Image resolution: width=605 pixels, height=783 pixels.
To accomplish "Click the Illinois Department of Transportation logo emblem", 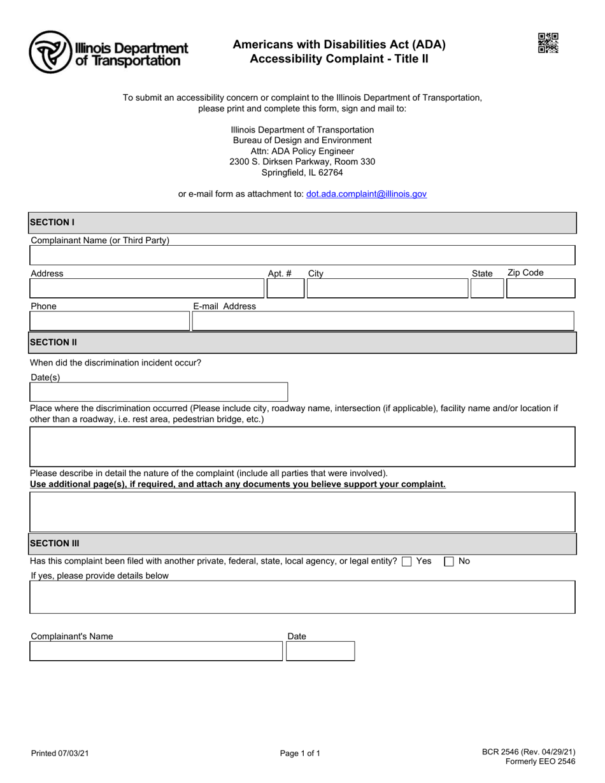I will pos(50,52).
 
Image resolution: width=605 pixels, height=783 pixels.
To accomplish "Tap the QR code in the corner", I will pos(548,43).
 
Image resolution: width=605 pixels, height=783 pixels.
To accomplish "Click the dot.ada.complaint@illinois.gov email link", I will pos(366,194).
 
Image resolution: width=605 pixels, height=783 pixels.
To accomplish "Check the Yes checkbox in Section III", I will pos(407,561).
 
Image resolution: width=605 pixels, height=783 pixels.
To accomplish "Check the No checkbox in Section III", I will pos(449,561).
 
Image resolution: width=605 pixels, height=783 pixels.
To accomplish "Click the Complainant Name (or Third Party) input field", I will pos(302,255).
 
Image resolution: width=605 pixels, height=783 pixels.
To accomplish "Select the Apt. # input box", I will pos(285,288).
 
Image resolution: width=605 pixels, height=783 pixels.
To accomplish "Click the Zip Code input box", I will pos(541,288).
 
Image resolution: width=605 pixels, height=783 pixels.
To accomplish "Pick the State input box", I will pos(487,288).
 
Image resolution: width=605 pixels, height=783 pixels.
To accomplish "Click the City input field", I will pos(387,288).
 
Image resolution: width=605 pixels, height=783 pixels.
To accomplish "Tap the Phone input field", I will pos(110,321).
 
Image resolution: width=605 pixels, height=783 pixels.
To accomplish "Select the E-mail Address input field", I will pos(383,321).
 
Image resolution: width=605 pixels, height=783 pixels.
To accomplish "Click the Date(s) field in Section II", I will pos(159,391).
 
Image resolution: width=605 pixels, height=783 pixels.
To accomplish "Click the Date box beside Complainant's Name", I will pos(320,651).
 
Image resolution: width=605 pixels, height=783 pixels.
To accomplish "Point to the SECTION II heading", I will pos(53,342).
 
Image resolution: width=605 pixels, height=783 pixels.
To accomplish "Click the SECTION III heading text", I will pos(55,544).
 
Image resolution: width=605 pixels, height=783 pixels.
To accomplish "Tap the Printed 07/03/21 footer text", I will pos(60,754).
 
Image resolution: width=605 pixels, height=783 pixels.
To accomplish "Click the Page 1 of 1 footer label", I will pos(300,754).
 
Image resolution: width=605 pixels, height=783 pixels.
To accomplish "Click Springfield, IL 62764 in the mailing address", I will pos(302,173).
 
